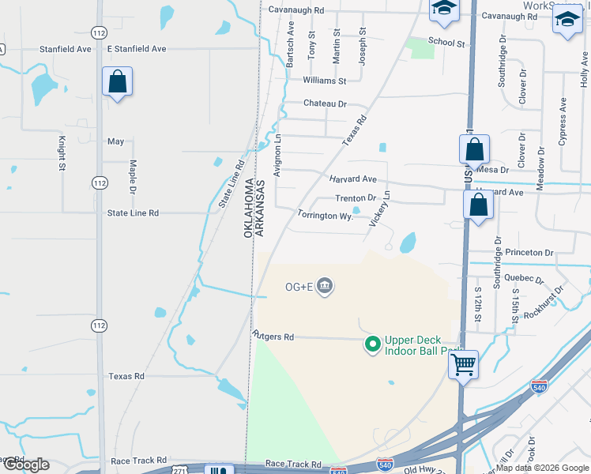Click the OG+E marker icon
pyautogui.click(x=324, y=286)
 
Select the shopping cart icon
pyautogui.click(x=463, y=365)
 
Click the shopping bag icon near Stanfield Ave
pyautogui.click(x=117, y=81)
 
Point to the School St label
pyautogui.click(x=446, y=42)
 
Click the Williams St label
pyautogui.click(x=325, y=81)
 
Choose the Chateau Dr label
pyautogui.click(x=326, y=103)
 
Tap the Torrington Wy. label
pyautogui.click(x=325, y=215)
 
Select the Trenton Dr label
pyautogui.click(x=356, y=198)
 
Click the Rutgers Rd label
pyautogui.click(x=273, y=337)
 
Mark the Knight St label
pyautogui.click(x=62, y=153)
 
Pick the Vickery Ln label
pyautogui.click(x=381, y=209)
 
